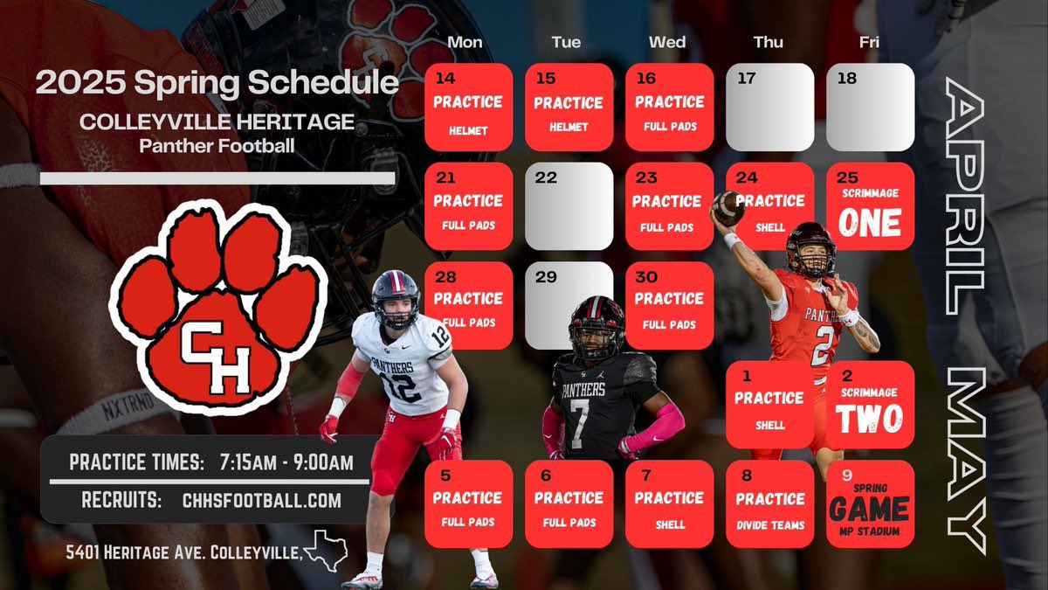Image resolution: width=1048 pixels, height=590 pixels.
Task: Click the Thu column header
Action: coord(769,42)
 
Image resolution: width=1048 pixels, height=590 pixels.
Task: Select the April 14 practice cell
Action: coord(468,107)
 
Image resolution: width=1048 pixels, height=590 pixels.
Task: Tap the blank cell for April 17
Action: coord(769,107)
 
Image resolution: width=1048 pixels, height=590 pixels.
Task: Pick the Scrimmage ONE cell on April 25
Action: coord(870,206)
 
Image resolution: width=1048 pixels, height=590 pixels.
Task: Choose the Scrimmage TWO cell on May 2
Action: coord(870,405)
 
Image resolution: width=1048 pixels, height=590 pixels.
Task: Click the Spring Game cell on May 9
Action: coord(870,504)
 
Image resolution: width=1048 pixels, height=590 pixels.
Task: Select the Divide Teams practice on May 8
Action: coord(769,504)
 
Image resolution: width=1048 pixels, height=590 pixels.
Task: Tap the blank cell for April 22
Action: coord(569,206)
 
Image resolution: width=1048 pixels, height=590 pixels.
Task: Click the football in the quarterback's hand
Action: coord(727,208)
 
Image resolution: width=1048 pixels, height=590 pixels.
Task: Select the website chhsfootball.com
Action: coord(262,501)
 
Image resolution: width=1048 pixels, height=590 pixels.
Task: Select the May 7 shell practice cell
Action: coord(669,504)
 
